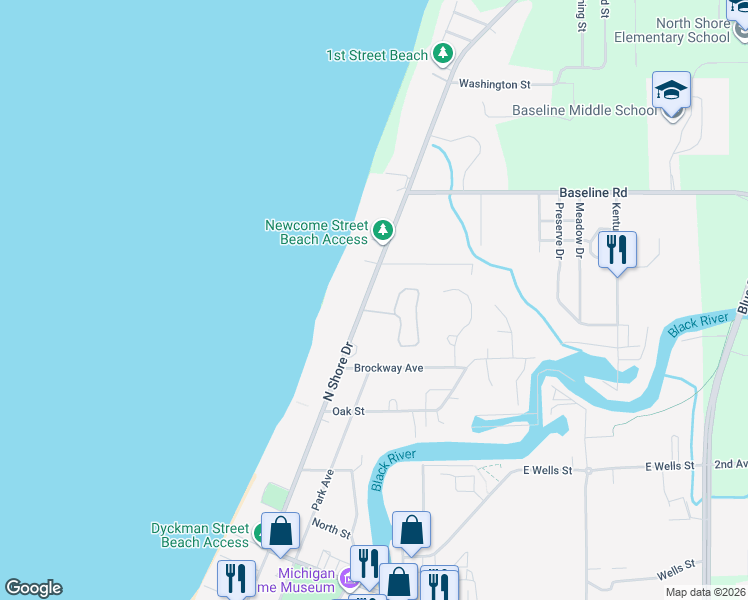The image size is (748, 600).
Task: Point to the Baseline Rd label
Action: (x=593, y=191)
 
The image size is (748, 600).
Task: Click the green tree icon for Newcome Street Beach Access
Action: (x=382, y=232)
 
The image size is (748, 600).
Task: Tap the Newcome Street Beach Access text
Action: (x=316, y=232)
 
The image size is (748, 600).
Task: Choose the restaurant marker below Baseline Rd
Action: (x=617, y=250)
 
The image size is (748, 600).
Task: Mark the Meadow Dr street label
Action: (x=579, y=225)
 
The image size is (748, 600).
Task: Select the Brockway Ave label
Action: (x=389, y=368)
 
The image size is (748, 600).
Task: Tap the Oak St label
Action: (x=348, y=411)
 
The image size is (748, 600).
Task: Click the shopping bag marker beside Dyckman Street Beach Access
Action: (x=281, y=531)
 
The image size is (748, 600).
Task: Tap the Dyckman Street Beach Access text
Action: (x=199, y=535)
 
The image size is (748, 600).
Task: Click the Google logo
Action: (x=33, y=588)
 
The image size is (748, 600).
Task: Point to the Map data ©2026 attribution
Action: (x=704, y=592)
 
